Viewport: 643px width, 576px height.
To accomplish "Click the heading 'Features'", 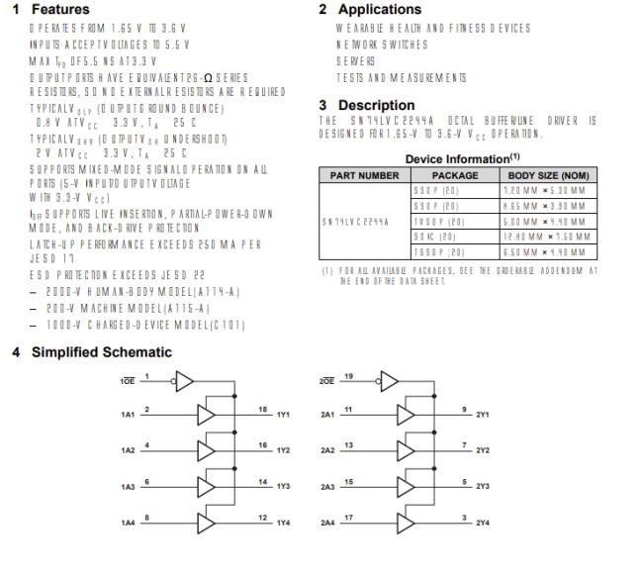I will (60, 10).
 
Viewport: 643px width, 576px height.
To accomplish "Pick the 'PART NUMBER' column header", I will (364, 175).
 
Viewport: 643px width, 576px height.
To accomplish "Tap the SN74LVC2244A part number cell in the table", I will (364, 223).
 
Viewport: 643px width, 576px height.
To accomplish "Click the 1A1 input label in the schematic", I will (129, 415).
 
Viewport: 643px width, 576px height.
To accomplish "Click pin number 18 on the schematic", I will (263, 409).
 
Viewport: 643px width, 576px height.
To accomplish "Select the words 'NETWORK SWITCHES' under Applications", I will (383, 45).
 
